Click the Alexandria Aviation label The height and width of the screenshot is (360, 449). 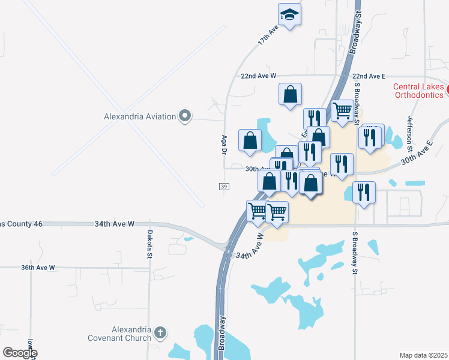tap(140, 116)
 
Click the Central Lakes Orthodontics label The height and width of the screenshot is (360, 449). tap(418, 90)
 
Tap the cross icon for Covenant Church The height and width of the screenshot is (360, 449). tap(160, 332)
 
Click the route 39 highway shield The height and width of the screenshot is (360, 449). tap(223, 187)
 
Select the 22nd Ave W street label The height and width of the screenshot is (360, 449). tap(258, 76)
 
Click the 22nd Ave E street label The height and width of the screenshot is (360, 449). tap(369, 76)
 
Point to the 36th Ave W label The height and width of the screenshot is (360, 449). tap(38, 268)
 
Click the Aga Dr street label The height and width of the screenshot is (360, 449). tap(223, 145)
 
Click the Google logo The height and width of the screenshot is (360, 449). tap(20, 353)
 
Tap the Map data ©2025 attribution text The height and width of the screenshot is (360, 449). tap(424, 355)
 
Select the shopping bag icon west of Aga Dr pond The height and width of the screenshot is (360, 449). tap(250, 140)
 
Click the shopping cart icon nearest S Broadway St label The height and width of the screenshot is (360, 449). tap(342, 111)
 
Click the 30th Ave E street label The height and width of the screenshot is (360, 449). tap(417, 154)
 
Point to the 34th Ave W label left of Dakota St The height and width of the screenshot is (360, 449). tap(114, 224)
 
